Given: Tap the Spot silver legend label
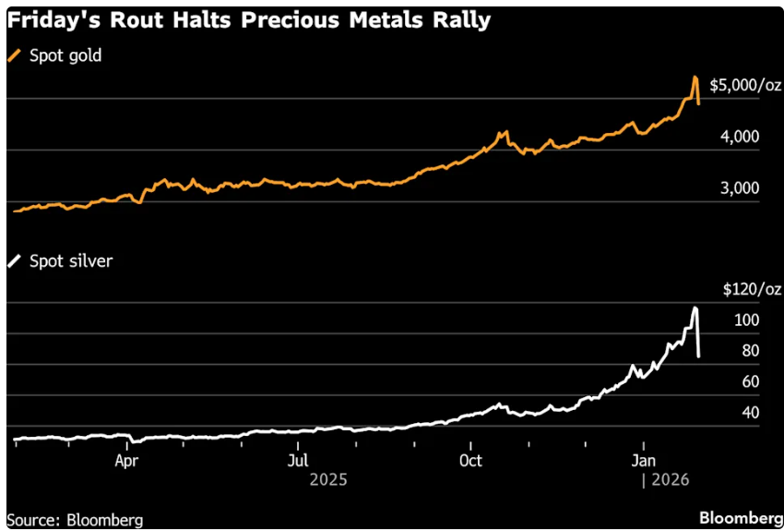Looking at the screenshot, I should tap(71, 261).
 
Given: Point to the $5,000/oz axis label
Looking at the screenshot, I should tap(745, 86).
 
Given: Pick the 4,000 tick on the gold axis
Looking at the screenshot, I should tap(740, 137).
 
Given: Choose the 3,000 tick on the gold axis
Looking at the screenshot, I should tap(740, 188).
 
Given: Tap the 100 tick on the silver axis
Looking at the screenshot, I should tap(747, 320).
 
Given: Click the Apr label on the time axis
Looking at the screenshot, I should tap(127, 459).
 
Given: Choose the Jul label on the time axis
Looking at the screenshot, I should tap(298, 459).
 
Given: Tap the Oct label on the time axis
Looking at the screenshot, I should tap(471, 459).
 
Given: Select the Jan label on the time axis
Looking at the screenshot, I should tap(644, 459).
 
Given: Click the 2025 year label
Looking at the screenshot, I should tap(327, 480).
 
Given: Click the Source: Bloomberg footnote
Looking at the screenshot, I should tap(75, 520).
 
